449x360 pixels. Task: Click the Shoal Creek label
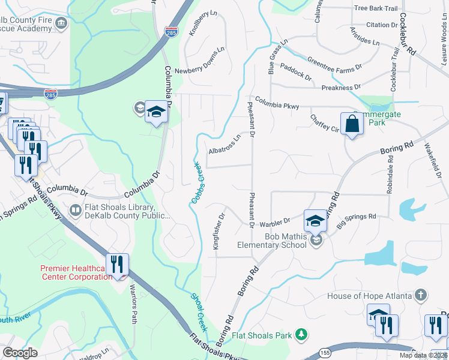pyautogui.click(x=199, y=311)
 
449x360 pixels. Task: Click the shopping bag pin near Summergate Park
pyautogui.click(x=352, y=125)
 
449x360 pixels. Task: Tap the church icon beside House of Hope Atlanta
pyautogui.click(x=421, y=295)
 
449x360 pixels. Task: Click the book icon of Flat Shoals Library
pyautogui.click(x=76, y=210)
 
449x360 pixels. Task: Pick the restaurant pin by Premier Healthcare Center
pyautogui.click(x=118, y=265)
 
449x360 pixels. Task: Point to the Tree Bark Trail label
pyautogui.click(x=376, y=8)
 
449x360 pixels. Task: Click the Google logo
pyautogui.click(x=20, y=353)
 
